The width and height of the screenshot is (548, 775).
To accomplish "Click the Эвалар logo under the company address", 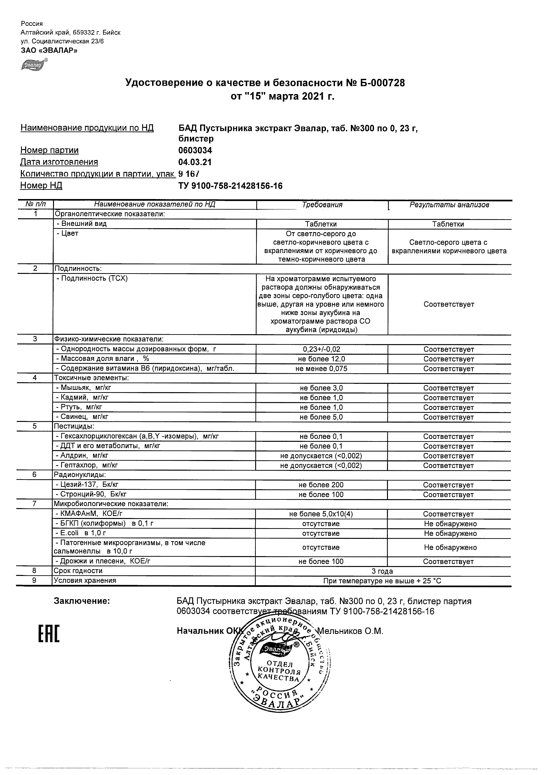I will [x=33, y=65].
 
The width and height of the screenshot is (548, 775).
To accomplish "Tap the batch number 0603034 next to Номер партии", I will [x=195, y=150].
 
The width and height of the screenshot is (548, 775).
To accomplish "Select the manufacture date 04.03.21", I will [x=195, y=162].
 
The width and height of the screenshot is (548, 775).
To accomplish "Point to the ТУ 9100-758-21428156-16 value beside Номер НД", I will [x=230, y=186].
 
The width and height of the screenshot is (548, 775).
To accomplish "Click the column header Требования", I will [x=322, y=205].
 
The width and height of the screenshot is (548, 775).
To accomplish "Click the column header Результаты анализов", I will [x=449, y=205].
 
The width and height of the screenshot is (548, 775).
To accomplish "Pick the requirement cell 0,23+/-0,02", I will [x=321, y=349].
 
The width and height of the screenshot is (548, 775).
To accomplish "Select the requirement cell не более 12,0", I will [x=321, y=359].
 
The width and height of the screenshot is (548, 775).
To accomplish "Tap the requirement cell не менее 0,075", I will [x=321, y=369].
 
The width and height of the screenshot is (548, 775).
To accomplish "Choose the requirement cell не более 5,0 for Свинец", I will [x=321, y=417].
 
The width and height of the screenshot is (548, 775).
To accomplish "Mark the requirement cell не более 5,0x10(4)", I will [x=321, y=514].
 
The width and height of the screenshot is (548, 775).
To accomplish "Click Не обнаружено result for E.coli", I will [x=450, y=533].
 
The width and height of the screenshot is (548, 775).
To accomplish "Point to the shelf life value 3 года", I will [x=382, y=571].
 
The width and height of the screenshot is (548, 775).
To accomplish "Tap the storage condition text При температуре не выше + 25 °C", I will [x=382, y=581].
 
